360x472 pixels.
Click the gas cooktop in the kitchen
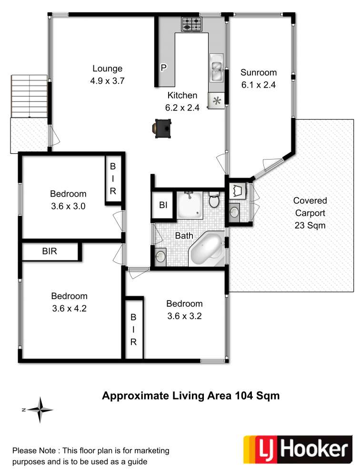pyautogui.click(x=191, y=24)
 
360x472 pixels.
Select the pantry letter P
pyautogui.click(x=163, y=68)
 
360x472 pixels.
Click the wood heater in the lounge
pyautogui.click(x=162, y=129)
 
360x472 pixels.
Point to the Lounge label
pyautogui.click(x=108, y=69)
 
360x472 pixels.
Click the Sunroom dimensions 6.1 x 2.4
pyautogui.click(x=258, y=85)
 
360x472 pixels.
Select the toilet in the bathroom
pyautogui.click(x=214, y=200)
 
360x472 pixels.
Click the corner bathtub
pyautogui.click(x=207, y=249)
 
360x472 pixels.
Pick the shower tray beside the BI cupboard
pyautogui.click(x=190, y=205)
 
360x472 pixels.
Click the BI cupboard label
pyautogui.click(x=163, y=205)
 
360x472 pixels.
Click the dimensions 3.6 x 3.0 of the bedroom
pyautogui.click(x=68, y=206)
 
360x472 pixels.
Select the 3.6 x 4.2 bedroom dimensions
pyautogui.click(x=69, y=309)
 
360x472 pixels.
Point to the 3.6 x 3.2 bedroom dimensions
pyautogui.click(x=184, y=316)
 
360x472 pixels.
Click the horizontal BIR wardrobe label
pyautogui.click(x=50, y=251)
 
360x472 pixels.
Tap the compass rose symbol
pyautogui.click(x=40, y=410)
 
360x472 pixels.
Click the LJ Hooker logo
pyautogui.click(x=298, y=450)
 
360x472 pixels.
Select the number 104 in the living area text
pyautogui.click(x=244, y=395)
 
